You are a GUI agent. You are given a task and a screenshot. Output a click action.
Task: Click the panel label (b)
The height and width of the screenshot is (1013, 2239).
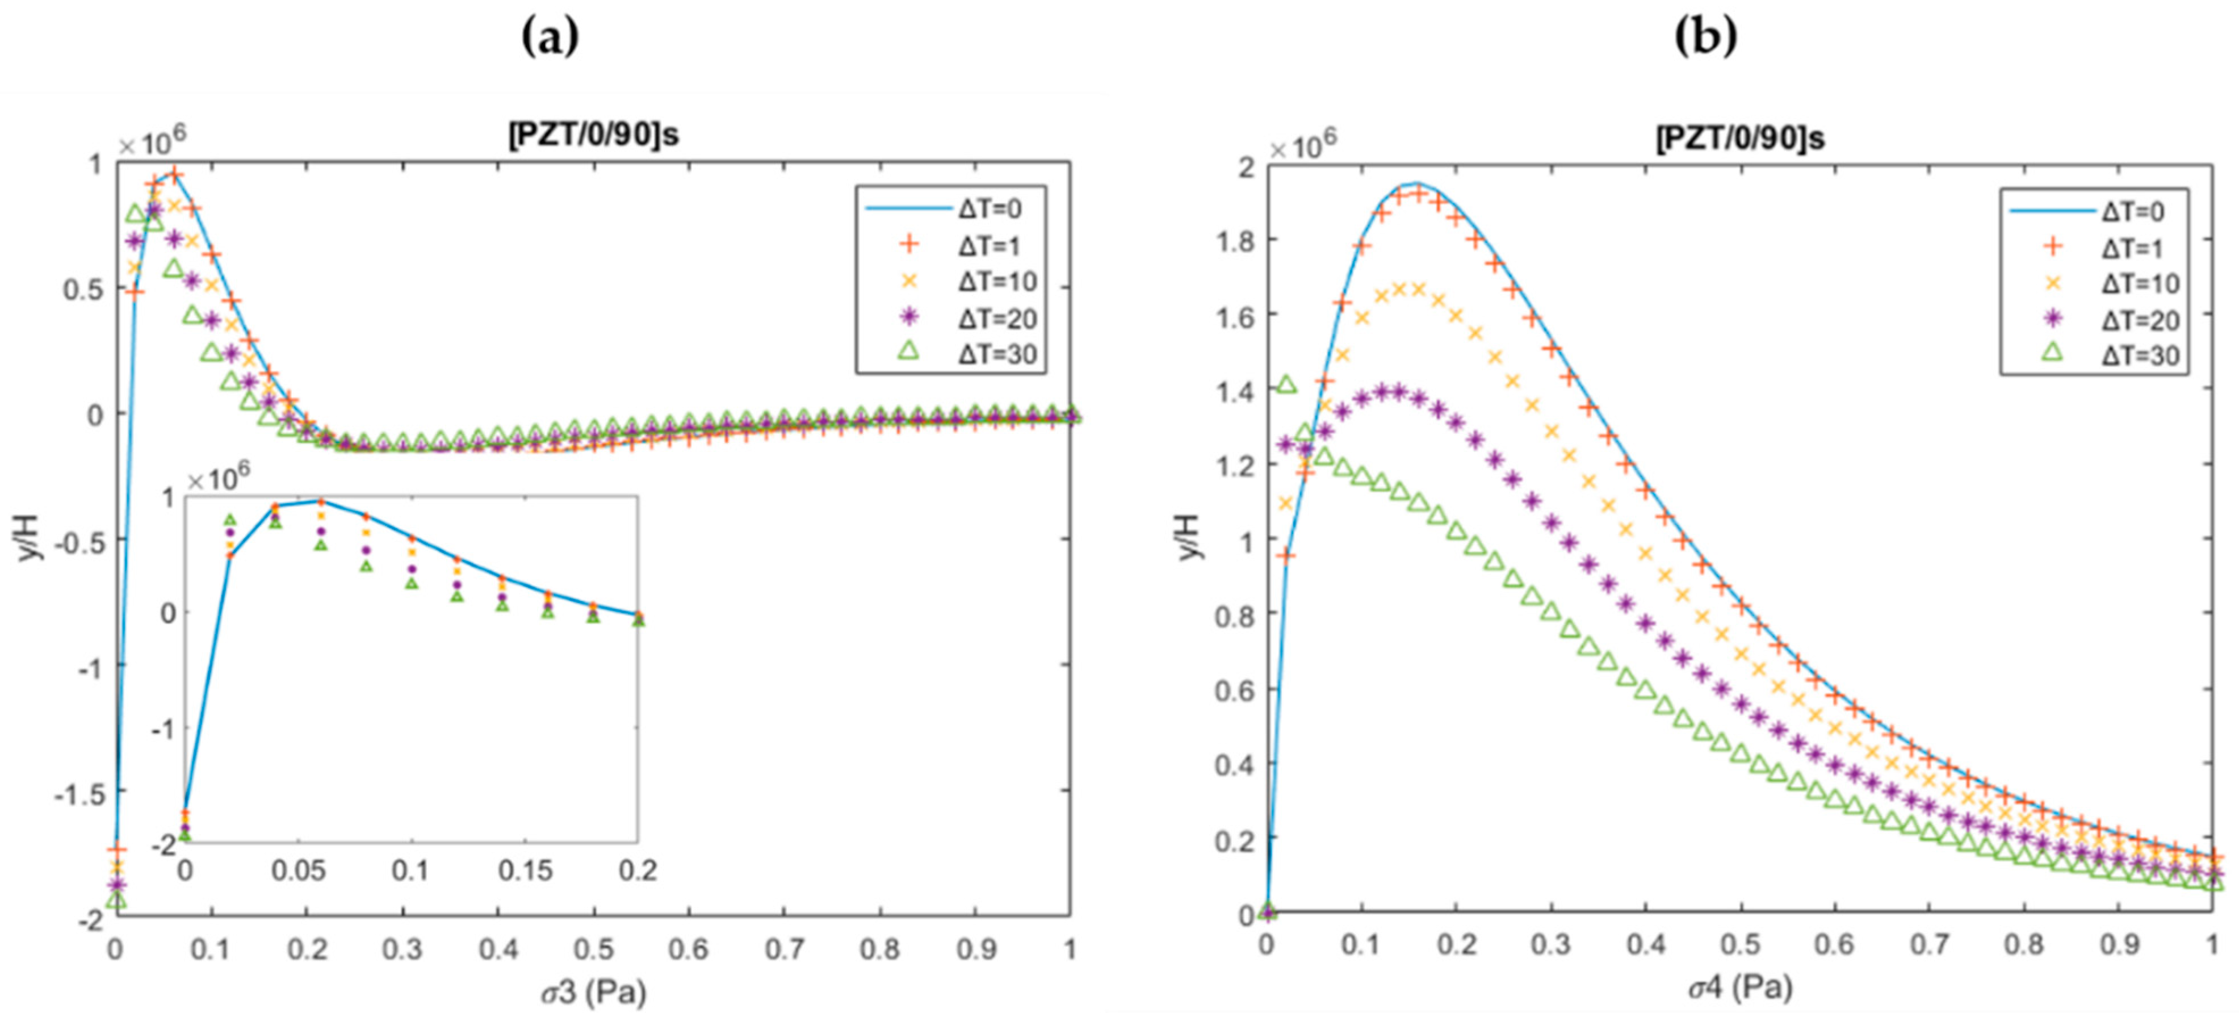click(1705, 36)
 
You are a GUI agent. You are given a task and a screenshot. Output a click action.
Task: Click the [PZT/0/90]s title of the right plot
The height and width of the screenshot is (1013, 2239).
click(1740, 138)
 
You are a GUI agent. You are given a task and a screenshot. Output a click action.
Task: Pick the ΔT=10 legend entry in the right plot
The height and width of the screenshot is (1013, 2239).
click(2140, 283)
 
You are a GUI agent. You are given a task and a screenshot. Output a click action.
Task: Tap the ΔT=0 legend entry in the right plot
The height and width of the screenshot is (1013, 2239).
click(2132, 211)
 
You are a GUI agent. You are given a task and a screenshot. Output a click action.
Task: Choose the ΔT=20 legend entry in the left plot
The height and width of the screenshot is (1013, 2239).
click(997, 318)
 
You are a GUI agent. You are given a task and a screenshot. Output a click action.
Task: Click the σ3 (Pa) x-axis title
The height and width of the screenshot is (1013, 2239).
click(594, 990)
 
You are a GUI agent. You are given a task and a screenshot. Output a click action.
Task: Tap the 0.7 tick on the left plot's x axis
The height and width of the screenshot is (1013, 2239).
click(784, 949)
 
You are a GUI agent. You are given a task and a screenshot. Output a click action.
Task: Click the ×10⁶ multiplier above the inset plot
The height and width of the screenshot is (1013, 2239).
click(217, 478)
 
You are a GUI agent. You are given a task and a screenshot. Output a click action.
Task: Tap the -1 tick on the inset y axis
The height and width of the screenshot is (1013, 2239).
click(162, 728)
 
